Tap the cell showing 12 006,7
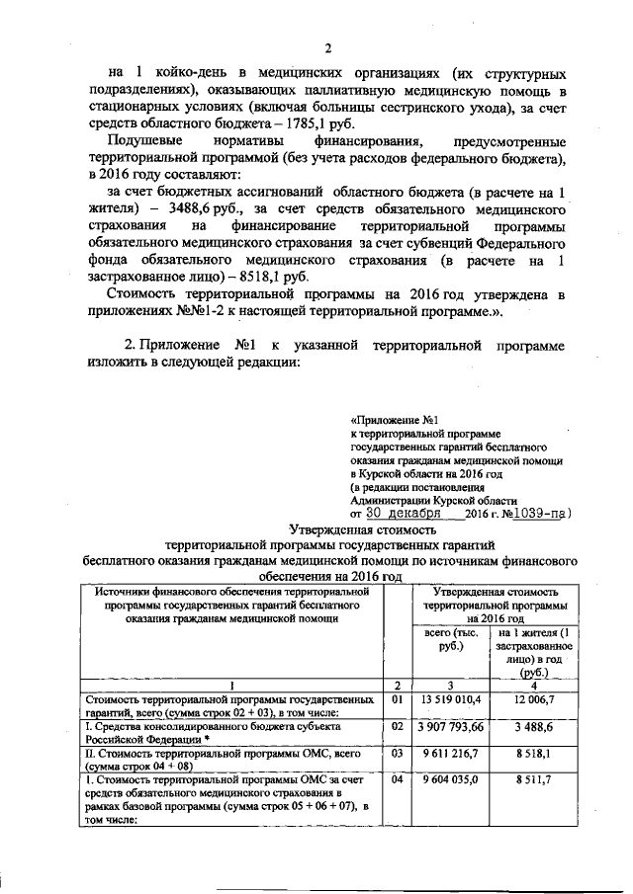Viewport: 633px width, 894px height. click(x=534, y=699)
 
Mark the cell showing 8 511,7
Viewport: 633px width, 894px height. click(x=534, y=779)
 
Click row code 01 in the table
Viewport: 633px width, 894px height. click(x=397, y=699)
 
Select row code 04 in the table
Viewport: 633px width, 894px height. click(x=397, y=779)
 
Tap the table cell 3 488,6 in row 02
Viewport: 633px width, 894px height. click(x=534, y=726)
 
